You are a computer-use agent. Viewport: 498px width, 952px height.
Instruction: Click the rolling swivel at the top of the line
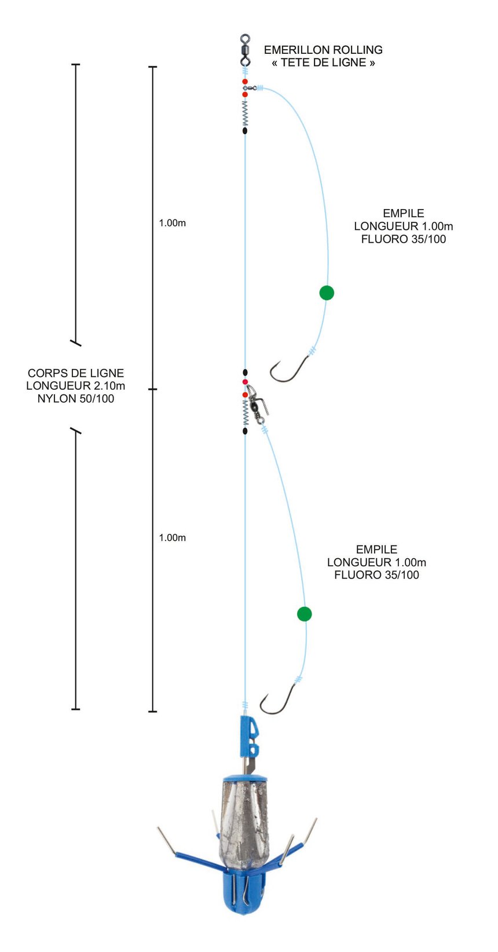(x=245, y=50)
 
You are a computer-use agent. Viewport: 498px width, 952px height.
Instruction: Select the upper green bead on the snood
(x=327, y=292)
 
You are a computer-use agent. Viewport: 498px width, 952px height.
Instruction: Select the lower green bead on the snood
(x=304, y=614)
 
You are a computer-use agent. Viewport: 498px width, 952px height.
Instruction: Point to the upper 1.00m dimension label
(x=172, y=223)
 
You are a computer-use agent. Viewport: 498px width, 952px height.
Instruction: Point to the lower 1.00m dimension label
(x=172, y=537)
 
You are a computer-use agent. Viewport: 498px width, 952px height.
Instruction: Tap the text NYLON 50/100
(x=76, y=398)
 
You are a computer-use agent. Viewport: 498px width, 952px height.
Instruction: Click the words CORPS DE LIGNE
(x=76, y=373)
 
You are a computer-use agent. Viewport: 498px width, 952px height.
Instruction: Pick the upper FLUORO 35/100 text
(x=403, y=239)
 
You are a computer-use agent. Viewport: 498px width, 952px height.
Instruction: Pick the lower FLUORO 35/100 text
(x=376, y=574)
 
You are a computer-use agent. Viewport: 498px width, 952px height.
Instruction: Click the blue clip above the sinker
(x=250, y=737)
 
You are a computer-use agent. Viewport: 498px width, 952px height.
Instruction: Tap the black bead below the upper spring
(x=245, y=131)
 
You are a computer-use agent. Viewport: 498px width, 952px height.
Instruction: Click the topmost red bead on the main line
(x=245, y=81)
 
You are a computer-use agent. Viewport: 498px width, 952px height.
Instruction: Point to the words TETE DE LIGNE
(x=323, y=63)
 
